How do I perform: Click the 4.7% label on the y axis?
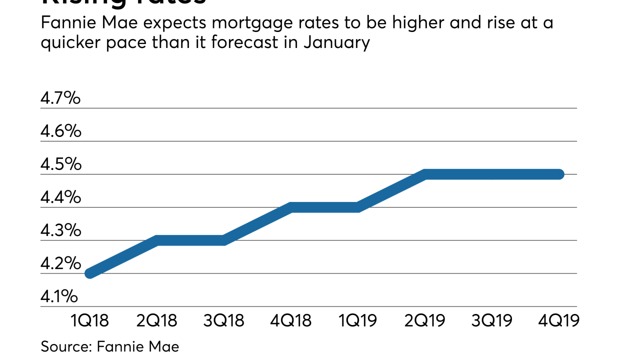tap(60, 98)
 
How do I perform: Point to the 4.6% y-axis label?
tap(60, 131)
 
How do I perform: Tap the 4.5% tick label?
tap(60, 164)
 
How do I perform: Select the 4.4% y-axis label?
tap(60, 197)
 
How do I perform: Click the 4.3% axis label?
tap(60, 230)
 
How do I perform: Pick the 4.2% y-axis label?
tap(60, 263)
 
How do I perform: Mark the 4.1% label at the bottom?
tap(59, 296)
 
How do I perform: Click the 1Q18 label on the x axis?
tap(89, 320)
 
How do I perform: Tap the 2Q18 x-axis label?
tap(156, 320)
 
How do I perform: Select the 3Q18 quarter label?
tap(224, 320)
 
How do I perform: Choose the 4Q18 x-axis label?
tap(291, 320)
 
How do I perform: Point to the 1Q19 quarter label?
tap(358, 320)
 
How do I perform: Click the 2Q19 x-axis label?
tap(425, 320)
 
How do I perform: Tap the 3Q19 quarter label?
tap(492, 320)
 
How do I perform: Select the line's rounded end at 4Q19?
tap(559, 174)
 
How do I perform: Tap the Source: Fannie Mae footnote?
tap(109, 346)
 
